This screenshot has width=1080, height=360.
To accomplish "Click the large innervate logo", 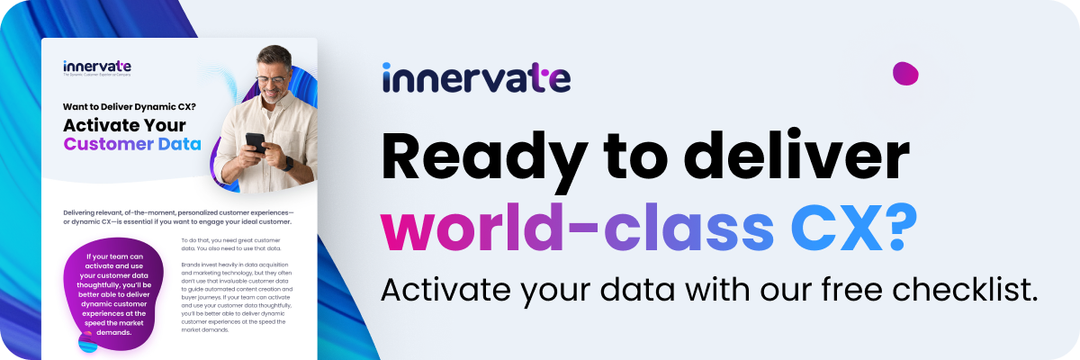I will (476, 77).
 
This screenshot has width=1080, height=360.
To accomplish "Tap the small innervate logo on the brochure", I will (97, 67).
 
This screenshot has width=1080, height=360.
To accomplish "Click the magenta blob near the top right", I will (904, 73).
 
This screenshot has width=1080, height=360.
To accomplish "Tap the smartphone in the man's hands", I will (256, 142).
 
